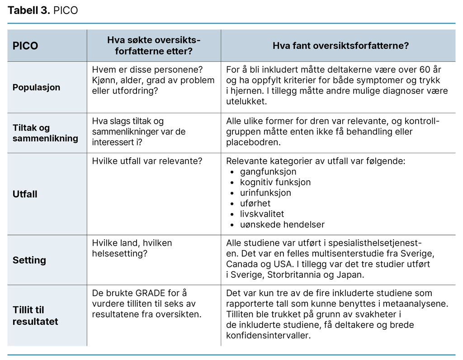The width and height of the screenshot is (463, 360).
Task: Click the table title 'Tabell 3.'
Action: (28, 10)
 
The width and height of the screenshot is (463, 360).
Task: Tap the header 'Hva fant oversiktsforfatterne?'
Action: (340, 46)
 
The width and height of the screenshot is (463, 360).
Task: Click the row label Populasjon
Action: (36, 87)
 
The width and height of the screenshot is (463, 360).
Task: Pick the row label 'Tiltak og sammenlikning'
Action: (45, 133)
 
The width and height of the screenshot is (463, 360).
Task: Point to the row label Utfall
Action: (25, 194)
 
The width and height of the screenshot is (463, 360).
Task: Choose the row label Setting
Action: (29, 260)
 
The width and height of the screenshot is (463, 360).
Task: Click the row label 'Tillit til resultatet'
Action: (35, 316)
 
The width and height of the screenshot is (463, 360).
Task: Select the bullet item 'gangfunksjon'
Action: (268, 172)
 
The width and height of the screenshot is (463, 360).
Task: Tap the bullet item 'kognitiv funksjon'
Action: (275, 182)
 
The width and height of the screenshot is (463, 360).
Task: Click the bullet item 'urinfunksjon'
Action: (265, 193)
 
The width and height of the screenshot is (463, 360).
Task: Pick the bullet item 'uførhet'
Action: (255, 203)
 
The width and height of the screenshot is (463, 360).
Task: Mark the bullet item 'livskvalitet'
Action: (262, 214)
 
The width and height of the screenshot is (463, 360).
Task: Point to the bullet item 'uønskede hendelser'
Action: (282, 224)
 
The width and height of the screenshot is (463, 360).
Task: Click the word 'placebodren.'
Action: (254, 142)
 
